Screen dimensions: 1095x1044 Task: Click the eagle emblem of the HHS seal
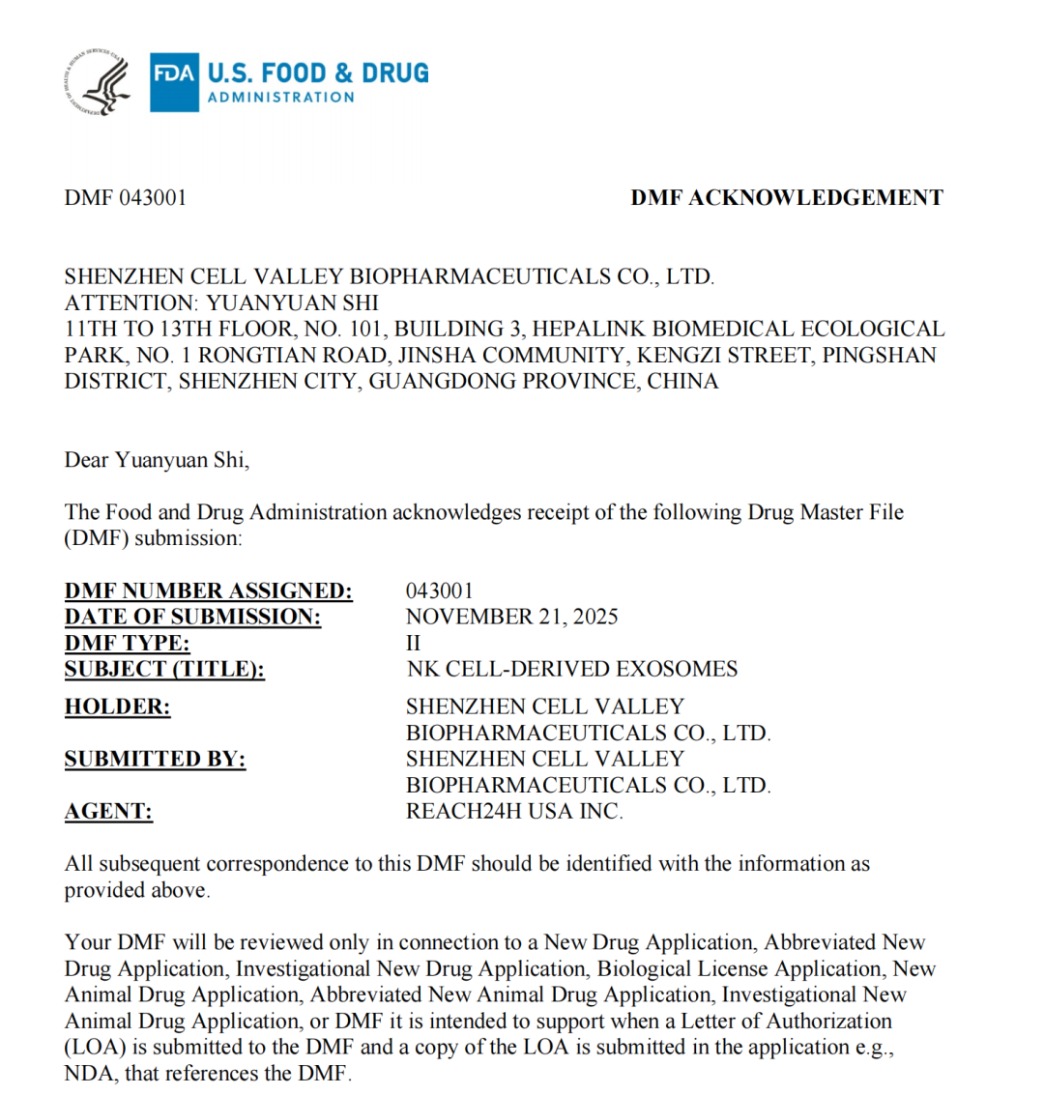point(103,83)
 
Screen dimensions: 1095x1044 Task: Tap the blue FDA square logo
point(174,82)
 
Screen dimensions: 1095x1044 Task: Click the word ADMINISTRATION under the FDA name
point(281,97)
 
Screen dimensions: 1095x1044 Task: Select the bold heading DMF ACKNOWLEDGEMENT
point(786,198)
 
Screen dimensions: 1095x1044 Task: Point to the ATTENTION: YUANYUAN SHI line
point(221,303)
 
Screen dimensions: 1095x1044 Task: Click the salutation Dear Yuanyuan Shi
point(157,460)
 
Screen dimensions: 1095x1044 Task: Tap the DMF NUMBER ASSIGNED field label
point(208,591)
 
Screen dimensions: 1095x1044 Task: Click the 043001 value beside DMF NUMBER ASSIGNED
point(439,591)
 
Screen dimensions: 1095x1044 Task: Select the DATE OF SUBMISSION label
point(192,617)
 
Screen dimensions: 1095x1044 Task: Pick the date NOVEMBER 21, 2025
point(511,617)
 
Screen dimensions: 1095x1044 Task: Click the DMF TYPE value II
point(414,643)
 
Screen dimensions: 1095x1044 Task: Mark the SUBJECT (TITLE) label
point(164,669)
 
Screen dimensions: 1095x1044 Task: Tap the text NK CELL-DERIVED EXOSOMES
point(571,669)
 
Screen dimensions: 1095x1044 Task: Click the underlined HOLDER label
point(117,706)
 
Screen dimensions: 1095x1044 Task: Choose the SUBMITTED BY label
point(155,760)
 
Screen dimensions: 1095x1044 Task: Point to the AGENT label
point(108,812)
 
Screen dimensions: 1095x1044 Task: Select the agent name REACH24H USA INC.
point(514,812)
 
